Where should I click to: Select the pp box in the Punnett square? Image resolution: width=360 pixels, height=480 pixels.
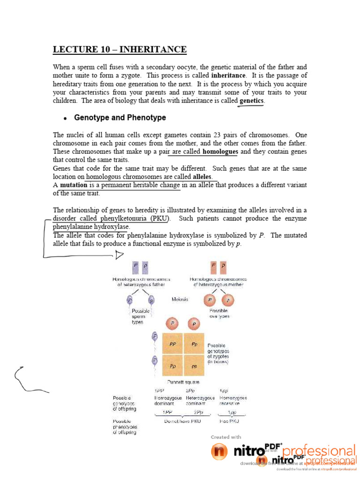click(195, 366)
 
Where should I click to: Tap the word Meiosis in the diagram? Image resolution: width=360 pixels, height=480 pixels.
click(180, 299)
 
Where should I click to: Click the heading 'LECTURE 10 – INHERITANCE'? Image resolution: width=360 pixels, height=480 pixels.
click(120, 50)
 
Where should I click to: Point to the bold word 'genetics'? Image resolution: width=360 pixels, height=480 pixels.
click(252, 100)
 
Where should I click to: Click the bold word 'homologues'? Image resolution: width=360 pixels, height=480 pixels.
click(220, 151)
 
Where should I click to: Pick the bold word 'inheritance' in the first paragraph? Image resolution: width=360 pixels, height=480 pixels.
click(228, 75)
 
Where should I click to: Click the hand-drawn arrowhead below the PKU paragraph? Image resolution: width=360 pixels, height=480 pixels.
click(119, 255)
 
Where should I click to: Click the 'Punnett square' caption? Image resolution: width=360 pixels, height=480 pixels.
click(183, 382)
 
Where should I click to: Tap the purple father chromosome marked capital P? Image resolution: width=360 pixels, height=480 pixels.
click(135, 268)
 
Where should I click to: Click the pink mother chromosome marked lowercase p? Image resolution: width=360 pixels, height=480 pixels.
click(223, 268)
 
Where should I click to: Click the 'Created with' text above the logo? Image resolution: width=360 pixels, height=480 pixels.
click(226, 437)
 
